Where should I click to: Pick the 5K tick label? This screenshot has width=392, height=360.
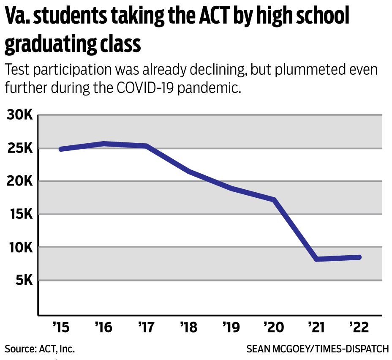[22, 280]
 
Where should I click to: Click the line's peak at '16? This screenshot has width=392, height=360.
[104, 144]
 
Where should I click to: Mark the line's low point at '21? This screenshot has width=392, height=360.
[316, 259]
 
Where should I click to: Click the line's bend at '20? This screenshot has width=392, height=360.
[274, 199]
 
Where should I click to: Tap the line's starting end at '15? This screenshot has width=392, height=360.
[61, 149]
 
